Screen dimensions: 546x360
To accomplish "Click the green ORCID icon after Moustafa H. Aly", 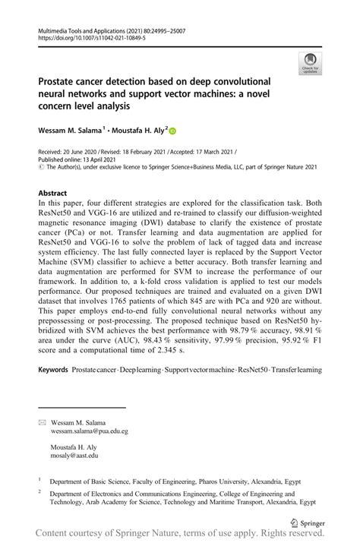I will [x=172, y=131].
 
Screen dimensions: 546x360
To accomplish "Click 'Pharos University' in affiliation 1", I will [x=226, y=481].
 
